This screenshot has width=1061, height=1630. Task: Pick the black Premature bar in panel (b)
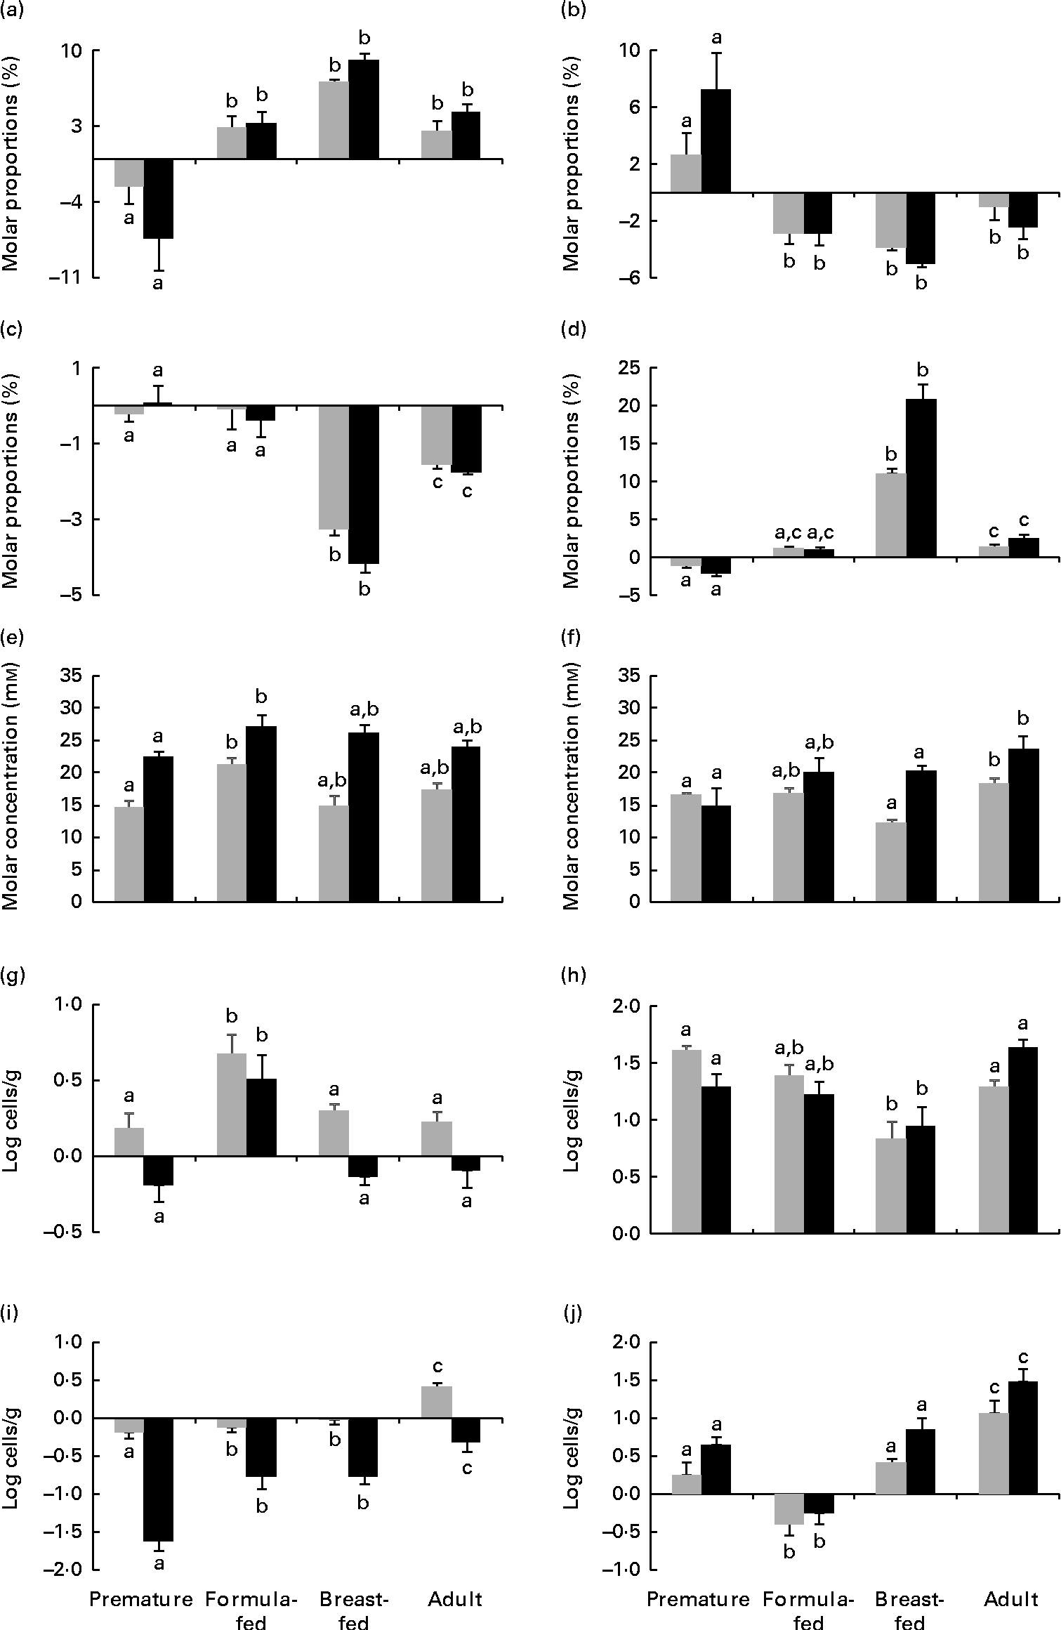(x=716, y=140)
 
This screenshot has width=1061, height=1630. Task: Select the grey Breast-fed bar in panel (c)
(x=334, y=467)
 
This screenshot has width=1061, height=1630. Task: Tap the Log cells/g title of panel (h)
(x=573, y=1121)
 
